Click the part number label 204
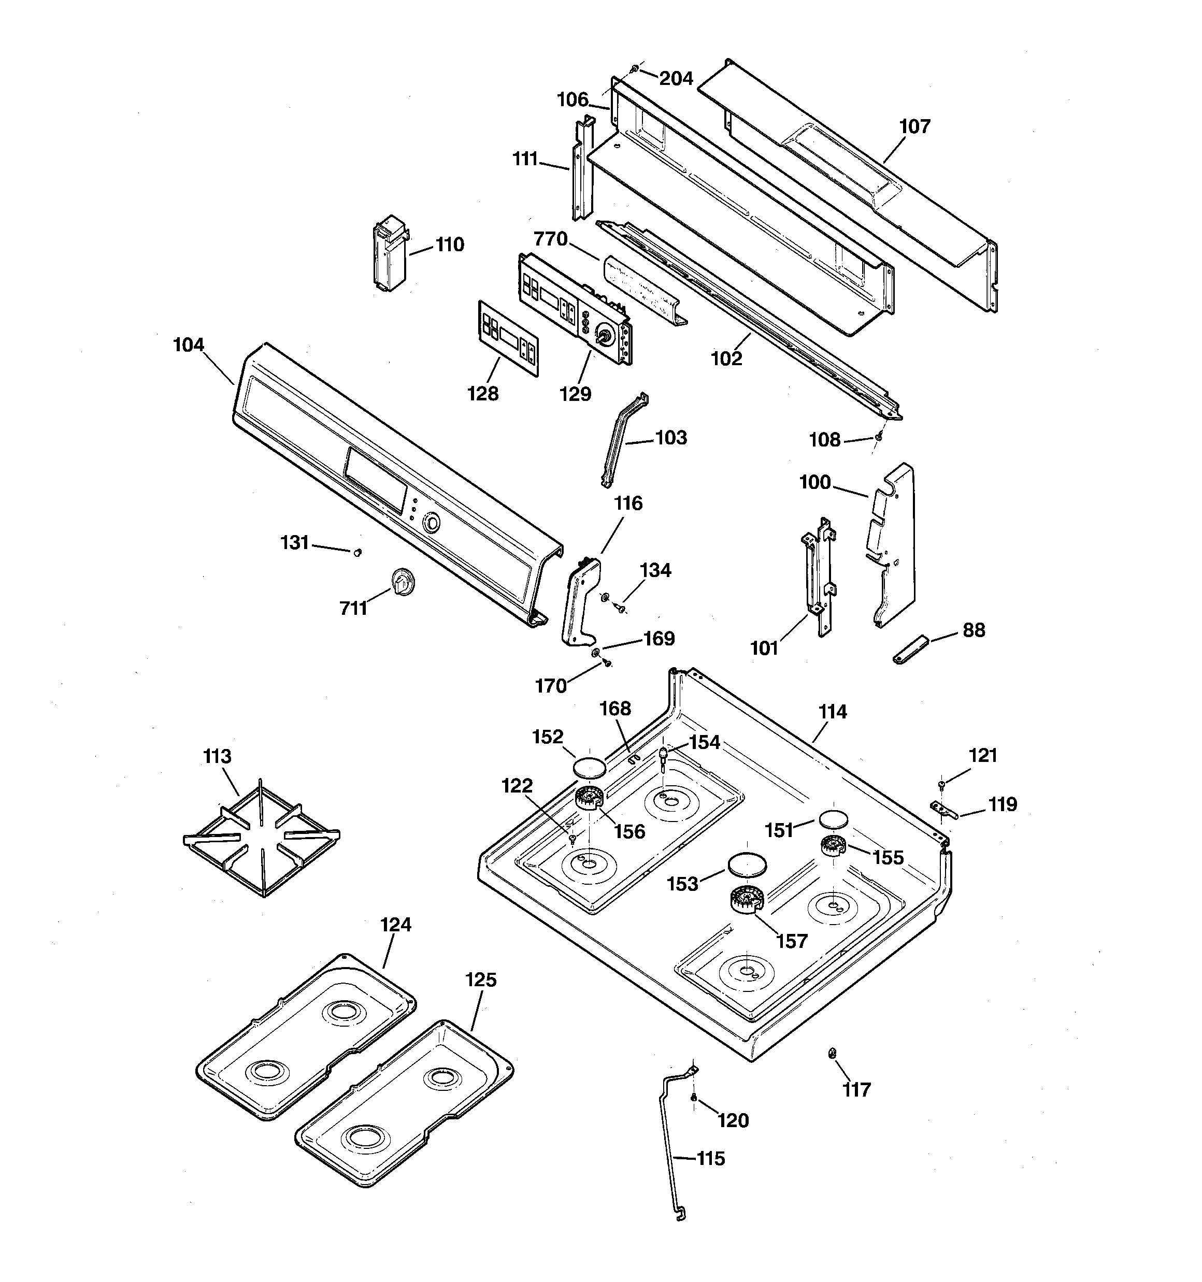676,79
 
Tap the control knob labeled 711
403,582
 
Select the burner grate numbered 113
261,837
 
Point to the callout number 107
914,126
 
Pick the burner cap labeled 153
747,866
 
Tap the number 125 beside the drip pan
481,980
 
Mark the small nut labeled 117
832,1053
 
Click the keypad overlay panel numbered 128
508,337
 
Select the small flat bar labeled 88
910,649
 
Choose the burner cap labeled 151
832,819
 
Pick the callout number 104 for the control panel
189,345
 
